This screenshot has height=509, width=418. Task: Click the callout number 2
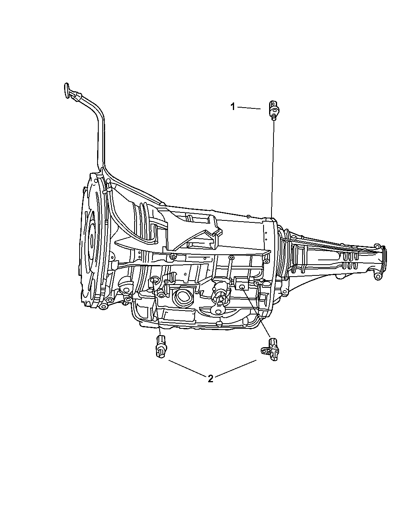(x=211, y=379)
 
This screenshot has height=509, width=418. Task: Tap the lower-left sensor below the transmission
(x=160, y=346)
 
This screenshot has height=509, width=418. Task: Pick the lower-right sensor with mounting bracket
(x=270, y=349)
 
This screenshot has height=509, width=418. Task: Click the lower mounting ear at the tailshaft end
(x=377, y=275)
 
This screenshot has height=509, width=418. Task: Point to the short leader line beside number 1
(x=250, y=108)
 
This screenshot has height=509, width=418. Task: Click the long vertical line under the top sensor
(x=273, y=167)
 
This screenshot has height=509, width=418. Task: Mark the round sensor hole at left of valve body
(x=153, y=282)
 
